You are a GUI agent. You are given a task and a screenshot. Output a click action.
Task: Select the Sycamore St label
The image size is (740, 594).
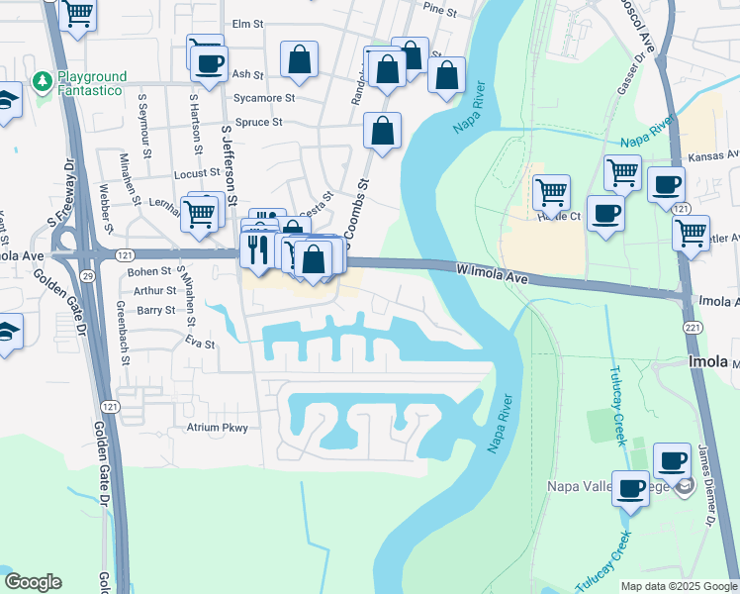[263, 98]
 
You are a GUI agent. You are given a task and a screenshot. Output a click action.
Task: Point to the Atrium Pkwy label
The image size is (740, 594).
[217, 428]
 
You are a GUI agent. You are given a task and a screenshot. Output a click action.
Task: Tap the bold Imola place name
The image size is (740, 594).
[708, 363]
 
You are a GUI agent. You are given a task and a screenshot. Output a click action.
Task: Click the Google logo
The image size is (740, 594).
[33, 582]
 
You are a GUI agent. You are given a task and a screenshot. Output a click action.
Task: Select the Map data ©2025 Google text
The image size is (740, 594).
[678, 586]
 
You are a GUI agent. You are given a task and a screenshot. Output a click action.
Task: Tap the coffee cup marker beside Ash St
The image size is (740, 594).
[208, 65]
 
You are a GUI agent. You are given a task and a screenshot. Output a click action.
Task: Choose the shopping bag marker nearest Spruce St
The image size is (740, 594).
[382, 131]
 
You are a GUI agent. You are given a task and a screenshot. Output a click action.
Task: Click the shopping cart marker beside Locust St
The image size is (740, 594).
[200, 212]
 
